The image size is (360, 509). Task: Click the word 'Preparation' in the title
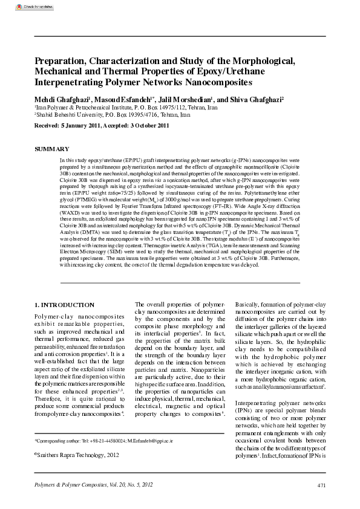click(63, 60)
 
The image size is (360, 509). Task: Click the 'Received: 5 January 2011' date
click(67, 125)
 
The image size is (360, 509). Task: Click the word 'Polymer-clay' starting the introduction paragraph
click(53, 316)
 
